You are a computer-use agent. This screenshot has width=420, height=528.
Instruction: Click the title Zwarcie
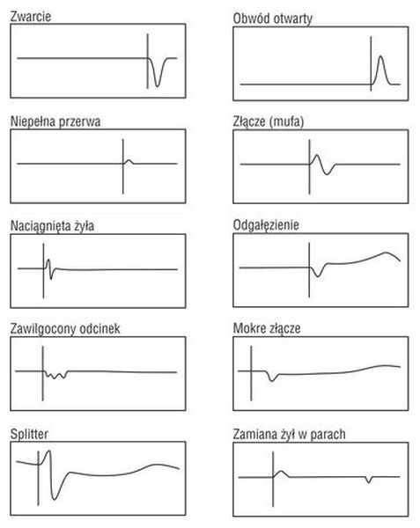tap(31, 17)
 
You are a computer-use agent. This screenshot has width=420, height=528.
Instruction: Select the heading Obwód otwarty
tap(272, 18)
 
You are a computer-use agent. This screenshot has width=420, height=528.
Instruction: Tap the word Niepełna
tap(33, 121)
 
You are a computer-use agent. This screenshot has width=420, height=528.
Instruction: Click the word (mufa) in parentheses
tap(286, 121)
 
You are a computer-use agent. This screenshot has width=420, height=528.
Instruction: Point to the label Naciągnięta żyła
tap(52, 226)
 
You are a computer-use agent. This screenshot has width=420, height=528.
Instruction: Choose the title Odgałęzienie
tap(266, 225)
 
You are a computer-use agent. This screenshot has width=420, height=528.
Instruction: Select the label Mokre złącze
tap(267, 328)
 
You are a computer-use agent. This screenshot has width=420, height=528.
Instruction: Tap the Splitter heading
tap(29, 434)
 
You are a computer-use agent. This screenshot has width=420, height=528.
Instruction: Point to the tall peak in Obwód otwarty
tap(380, 56)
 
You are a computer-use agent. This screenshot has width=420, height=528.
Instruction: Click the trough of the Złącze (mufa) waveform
tap(327, 173)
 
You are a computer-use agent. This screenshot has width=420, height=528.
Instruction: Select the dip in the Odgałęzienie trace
tap(318, 276)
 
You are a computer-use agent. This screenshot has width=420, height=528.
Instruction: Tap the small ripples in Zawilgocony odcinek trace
tap(55, 375)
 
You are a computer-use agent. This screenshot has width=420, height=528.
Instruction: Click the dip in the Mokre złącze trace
tap(272, 380)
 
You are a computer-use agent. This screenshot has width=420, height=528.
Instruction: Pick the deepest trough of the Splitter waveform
tap(55, 499)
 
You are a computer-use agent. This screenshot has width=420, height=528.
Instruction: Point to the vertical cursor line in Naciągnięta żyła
tap(43, 271)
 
